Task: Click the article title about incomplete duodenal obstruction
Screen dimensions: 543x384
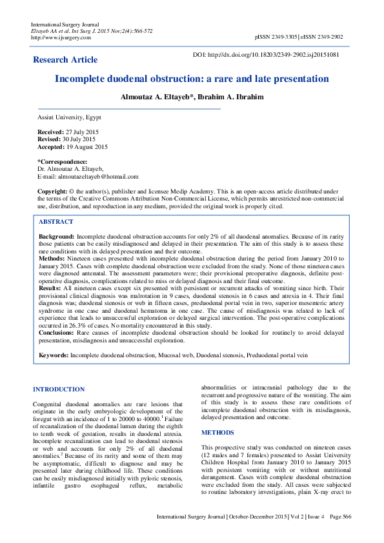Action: pyautogui.click(x=192, y=79)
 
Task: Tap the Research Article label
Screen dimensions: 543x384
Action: pyautogui.click(x=65, y=60)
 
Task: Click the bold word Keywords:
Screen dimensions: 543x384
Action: pyautogui.click(x=54, y=355)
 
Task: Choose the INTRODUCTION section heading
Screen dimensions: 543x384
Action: pyautogui.click(x=59, y=390)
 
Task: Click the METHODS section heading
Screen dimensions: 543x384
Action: pyautogui.click(x=217, y=433)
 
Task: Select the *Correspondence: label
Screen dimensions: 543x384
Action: pyautogui.click(x=62, y=161)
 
